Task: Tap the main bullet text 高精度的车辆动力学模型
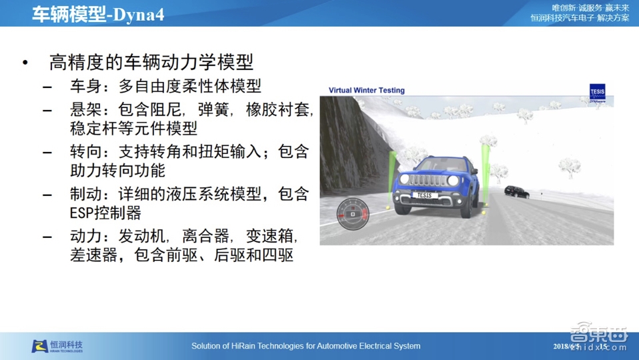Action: tap(151, 63)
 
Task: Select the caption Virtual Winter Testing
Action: tap(366, 90)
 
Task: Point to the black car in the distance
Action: tap(516, 192)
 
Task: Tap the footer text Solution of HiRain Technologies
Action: tap(306, 346)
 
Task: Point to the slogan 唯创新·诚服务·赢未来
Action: tap(587, 7)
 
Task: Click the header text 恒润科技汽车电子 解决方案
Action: tap(580, 18)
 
